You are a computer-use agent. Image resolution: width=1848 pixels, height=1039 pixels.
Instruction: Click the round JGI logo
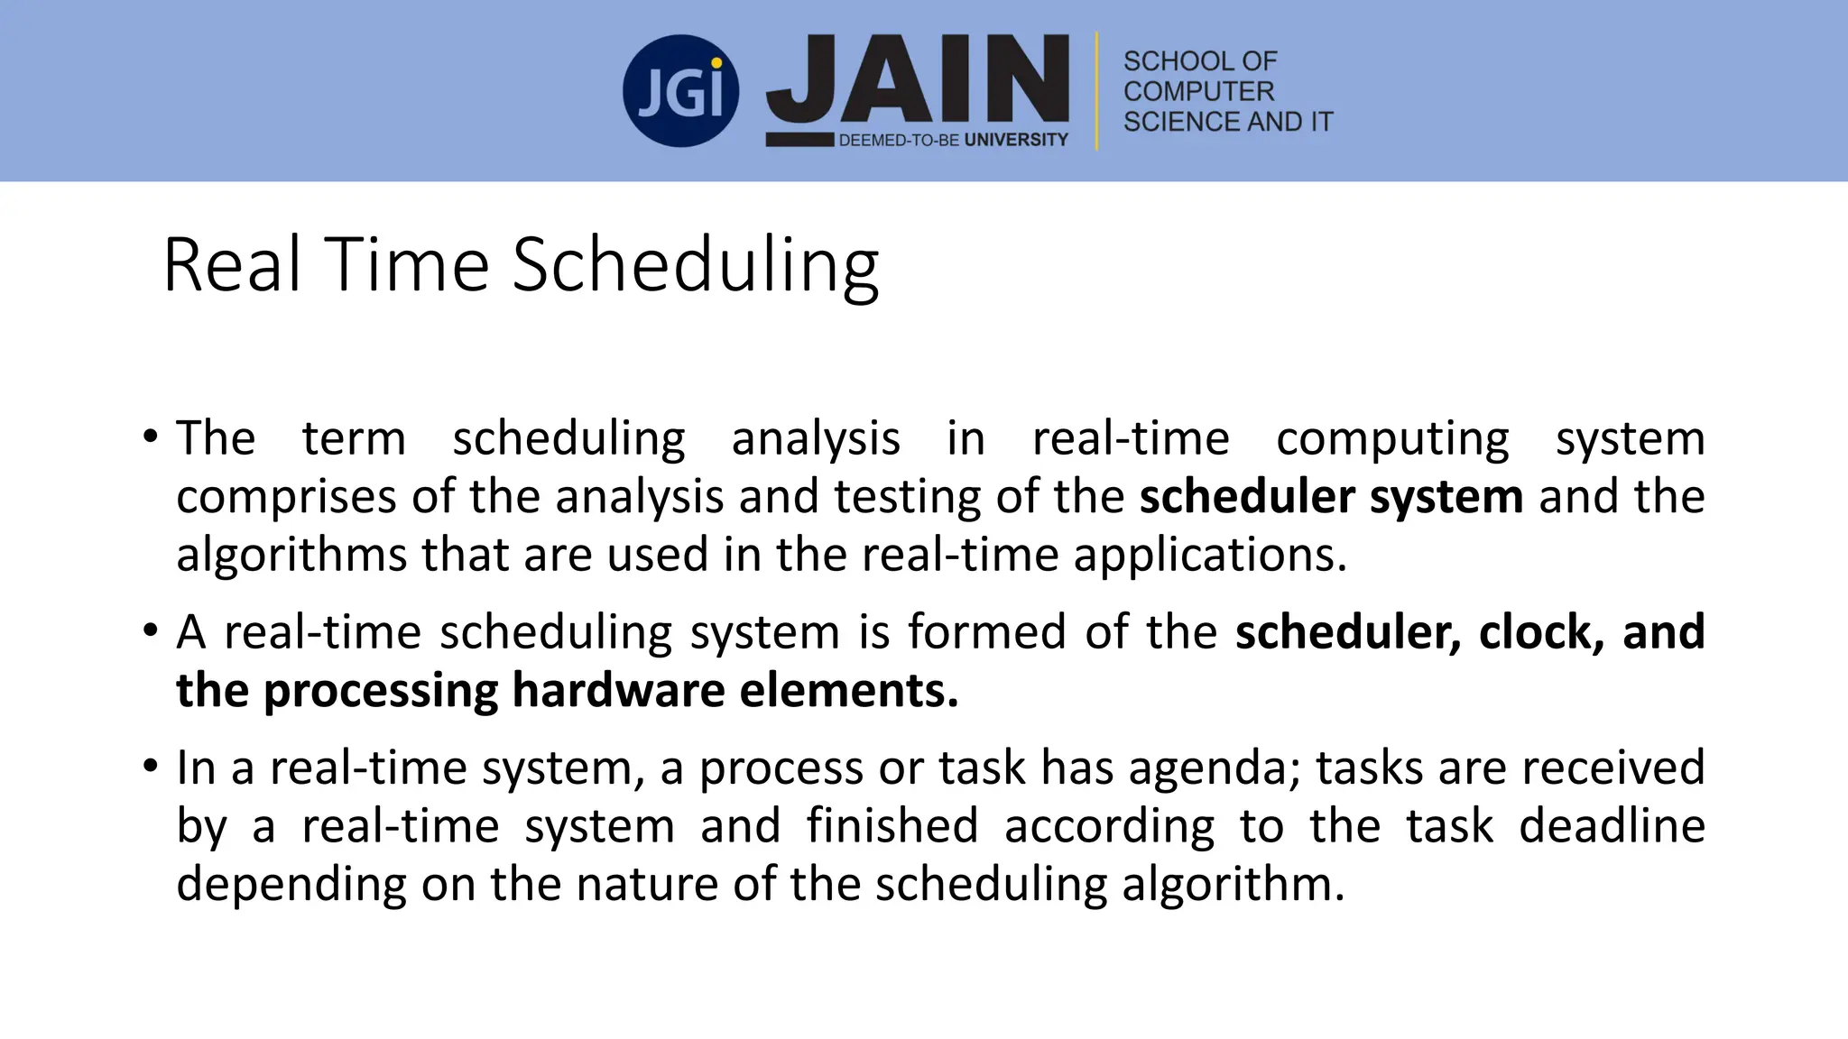[680, 91]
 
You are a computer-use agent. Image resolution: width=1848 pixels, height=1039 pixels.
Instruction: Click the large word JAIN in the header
[918, 81]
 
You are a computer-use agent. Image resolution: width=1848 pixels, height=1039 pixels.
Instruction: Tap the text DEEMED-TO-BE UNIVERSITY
[953, 140]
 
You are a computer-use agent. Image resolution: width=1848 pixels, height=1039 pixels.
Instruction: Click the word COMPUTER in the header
[1198, 91]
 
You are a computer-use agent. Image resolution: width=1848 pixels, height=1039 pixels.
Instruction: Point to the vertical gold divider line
[1097, 91]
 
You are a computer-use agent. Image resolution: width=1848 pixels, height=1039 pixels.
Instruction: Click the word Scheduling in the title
[696, 265]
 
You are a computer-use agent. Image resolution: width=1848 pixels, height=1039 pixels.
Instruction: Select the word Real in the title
[231, 265]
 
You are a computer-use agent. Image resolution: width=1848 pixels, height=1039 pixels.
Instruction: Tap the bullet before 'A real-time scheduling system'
[150, 631]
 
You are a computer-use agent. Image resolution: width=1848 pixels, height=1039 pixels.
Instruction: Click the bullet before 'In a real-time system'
[150, 768]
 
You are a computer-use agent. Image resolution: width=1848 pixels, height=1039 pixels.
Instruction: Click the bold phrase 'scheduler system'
[1331, 497]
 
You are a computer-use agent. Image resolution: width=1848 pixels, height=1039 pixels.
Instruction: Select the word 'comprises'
[285, 498]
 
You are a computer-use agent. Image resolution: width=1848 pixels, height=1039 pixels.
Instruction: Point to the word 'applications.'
[1210, 555]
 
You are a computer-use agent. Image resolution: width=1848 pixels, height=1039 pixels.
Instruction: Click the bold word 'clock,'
[1541, 631]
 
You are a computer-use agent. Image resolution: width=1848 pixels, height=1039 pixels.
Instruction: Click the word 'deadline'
[1612, 825]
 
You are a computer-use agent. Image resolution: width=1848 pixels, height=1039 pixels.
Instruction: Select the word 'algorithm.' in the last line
[1233, 884]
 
